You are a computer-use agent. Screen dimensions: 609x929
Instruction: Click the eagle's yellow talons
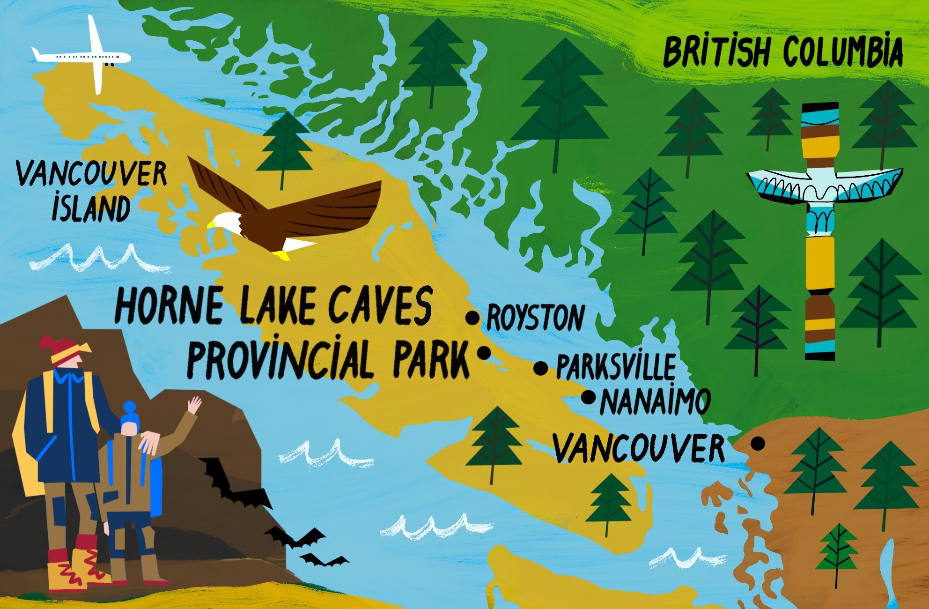tap(281, 255)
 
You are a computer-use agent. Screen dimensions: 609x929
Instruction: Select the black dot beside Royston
tap(472, 318)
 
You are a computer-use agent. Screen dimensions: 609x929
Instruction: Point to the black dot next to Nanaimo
tap(588, 397)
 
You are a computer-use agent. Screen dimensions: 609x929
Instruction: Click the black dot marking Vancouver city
tap(758, 443)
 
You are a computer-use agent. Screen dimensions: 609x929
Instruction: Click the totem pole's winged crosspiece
tap(824, 186)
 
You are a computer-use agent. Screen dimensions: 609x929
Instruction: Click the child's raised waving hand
tap(194, 404)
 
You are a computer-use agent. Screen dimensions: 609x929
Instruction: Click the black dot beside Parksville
tap(540, 368)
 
